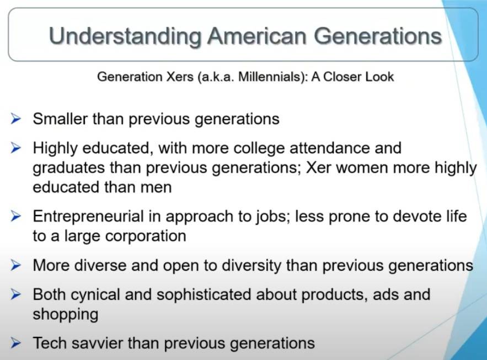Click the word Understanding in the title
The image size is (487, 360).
tap(125, 37)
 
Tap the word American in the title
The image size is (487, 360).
tap(258, 36)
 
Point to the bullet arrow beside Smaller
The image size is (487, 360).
tap(15, 119)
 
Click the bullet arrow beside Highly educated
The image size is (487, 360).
tap(15, 148)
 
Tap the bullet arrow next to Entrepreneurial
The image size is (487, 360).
tap(15, 216)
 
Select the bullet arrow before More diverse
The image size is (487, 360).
tap(15, 265)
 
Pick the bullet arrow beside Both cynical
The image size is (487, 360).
tap(15, 294)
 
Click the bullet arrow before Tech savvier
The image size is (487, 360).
tap(15, 343)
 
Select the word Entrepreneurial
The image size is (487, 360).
tap(88, 216)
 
